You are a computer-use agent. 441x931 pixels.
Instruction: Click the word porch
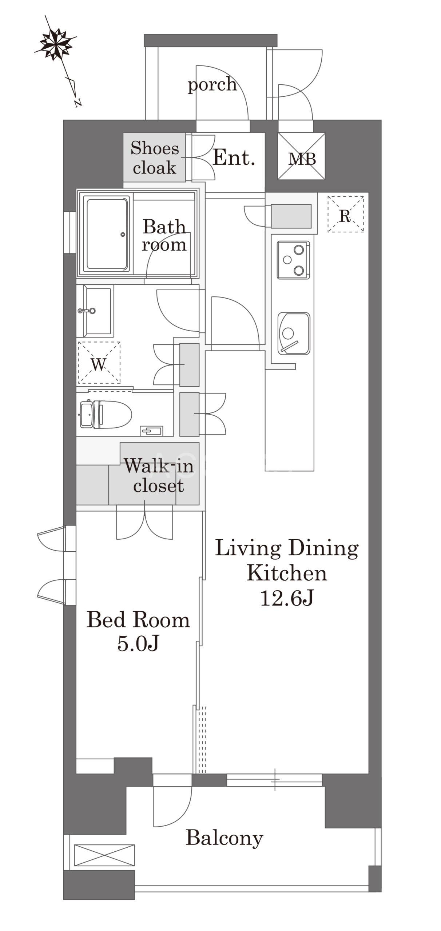click(x=212, y=84)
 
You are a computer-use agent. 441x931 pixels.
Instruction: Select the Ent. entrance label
click(x=233, y=157)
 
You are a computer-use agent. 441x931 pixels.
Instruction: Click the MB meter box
click(x=302, y=156)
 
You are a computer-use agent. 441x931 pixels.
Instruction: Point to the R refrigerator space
click(x=345, y=214)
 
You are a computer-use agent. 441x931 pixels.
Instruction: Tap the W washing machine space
click(x=99, y=363)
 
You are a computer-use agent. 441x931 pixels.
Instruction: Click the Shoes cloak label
click(x=155, y=158)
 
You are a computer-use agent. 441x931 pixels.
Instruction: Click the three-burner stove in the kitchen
click(x=293, y=260)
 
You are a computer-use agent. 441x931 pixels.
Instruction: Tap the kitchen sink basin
click(x=294, y=333)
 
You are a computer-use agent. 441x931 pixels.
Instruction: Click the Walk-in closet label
click(x=159, y=475)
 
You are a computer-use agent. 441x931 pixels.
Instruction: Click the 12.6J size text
click(x=287, y=598)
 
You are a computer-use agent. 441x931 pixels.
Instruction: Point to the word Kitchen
click(x=287, y=573)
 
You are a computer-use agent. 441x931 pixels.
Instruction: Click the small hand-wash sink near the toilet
click(x=151, y=431)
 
